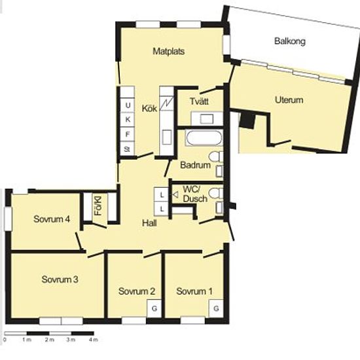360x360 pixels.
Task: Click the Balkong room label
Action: click(290, 41)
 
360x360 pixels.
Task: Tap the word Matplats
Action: click(169, 51)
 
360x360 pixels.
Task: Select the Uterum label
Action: click(289, 100)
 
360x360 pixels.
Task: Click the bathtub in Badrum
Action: click(204, 138)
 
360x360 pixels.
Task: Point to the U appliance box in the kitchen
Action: click(128, 105)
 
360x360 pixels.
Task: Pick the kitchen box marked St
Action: click(127, 149)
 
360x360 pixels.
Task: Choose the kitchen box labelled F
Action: click(128, 134)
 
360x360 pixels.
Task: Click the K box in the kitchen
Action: click(128, 120)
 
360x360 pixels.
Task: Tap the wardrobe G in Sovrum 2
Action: click(154, 308)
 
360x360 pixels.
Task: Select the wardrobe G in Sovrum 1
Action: click(216, 308)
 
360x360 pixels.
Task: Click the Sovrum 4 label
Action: click(52, 219)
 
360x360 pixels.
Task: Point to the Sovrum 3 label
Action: click(60, 279)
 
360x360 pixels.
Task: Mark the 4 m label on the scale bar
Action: click(93, 340)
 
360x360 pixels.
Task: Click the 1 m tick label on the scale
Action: click(27, 340)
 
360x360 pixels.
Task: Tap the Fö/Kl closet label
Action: click(98, 206)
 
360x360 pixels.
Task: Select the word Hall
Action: click(149, 223)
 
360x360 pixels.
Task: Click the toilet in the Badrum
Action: click(216, 157)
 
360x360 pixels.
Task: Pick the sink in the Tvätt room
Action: click(207, 119)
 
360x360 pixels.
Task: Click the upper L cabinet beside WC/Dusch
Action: click(162, 195)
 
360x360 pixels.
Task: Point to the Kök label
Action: click(149, 108)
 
